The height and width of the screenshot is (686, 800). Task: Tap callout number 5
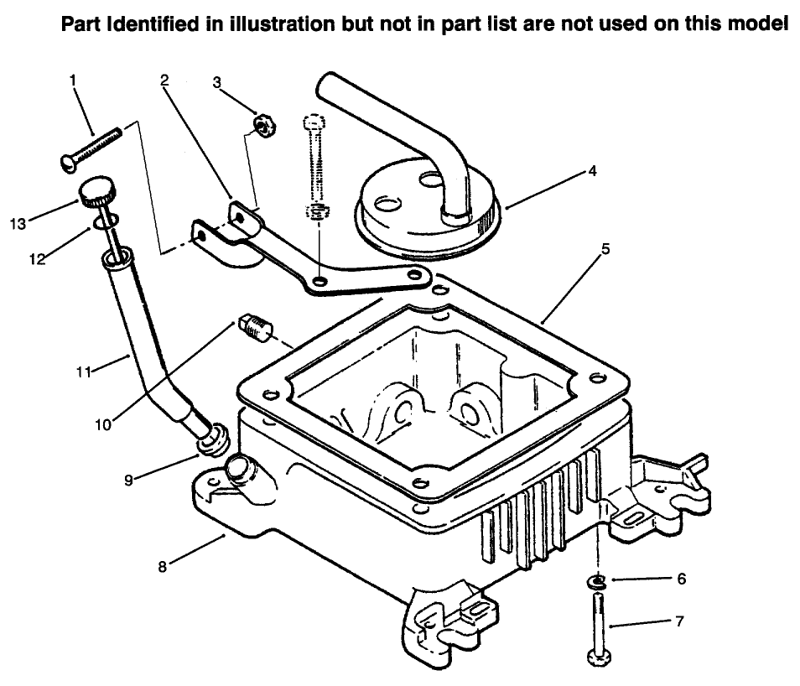605,249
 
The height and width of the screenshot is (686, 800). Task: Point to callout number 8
163,566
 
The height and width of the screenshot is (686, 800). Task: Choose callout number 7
678,621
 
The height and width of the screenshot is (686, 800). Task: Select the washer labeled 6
596,580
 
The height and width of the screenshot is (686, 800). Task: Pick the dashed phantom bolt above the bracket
314,168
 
